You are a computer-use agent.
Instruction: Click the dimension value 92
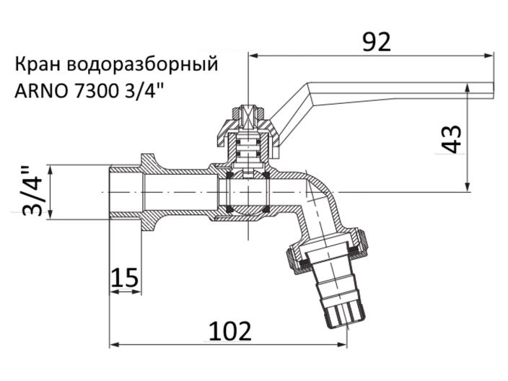(x=376, y=42)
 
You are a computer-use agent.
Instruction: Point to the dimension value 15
(x=125, y=277)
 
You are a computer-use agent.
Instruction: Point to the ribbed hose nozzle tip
(x=345, y=312)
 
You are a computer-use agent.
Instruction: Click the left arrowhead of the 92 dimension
(x=253, y=55)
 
